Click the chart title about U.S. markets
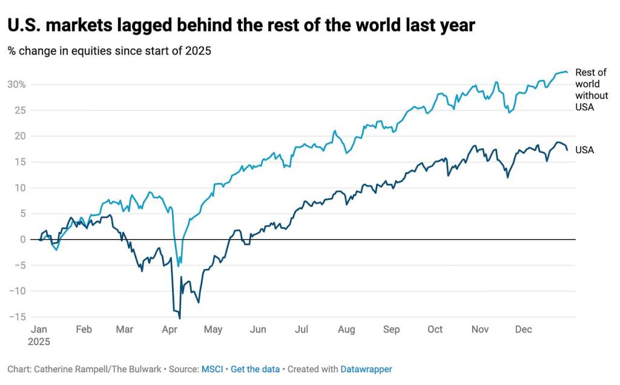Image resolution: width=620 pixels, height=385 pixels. [241, 25]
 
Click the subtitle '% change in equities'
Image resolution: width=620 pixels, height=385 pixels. [109, 51]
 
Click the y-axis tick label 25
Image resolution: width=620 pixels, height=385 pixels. [19, 110]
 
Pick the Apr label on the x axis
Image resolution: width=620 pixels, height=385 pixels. [170, 330]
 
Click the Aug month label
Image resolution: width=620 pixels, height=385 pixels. [346, 330]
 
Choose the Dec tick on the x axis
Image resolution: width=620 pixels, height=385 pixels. [523, 330]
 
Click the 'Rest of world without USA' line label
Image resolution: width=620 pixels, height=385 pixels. [592, 90]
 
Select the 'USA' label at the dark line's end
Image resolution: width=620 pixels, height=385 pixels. [584, 150]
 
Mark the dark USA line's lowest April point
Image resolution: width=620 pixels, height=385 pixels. [180, 318]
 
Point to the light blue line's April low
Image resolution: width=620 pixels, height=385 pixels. [178, 266]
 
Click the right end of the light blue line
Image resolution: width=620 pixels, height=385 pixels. [567, 73]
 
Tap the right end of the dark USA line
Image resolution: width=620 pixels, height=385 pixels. [567, 150]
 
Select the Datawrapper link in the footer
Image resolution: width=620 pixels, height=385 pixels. [366, 369]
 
